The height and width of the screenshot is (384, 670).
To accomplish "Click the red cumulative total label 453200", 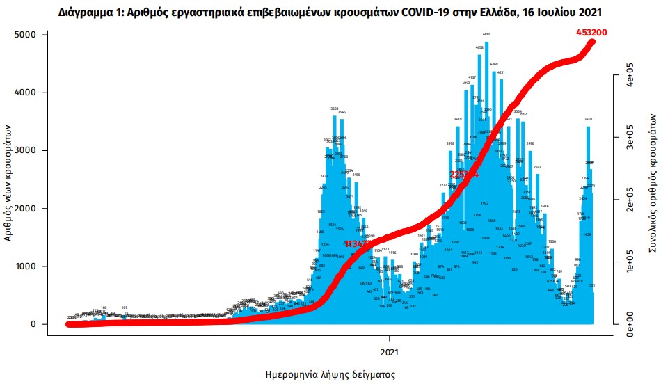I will (x=597, y=33).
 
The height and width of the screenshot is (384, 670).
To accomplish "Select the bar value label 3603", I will (x=334, y=109).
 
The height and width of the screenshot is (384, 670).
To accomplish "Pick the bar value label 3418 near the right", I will (x=588, y=120).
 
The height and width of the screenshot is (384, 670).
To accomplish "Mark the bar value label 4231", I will (x=501, y=72).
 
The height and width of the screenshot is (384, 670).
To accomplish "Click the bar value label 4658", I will (x=479, y=47).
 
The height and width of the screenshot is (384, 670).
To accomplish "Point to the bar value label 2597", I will (x=537, y=168).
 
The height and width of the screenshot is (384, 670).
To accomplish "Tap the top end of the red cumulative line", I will (x=593, y=42).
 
